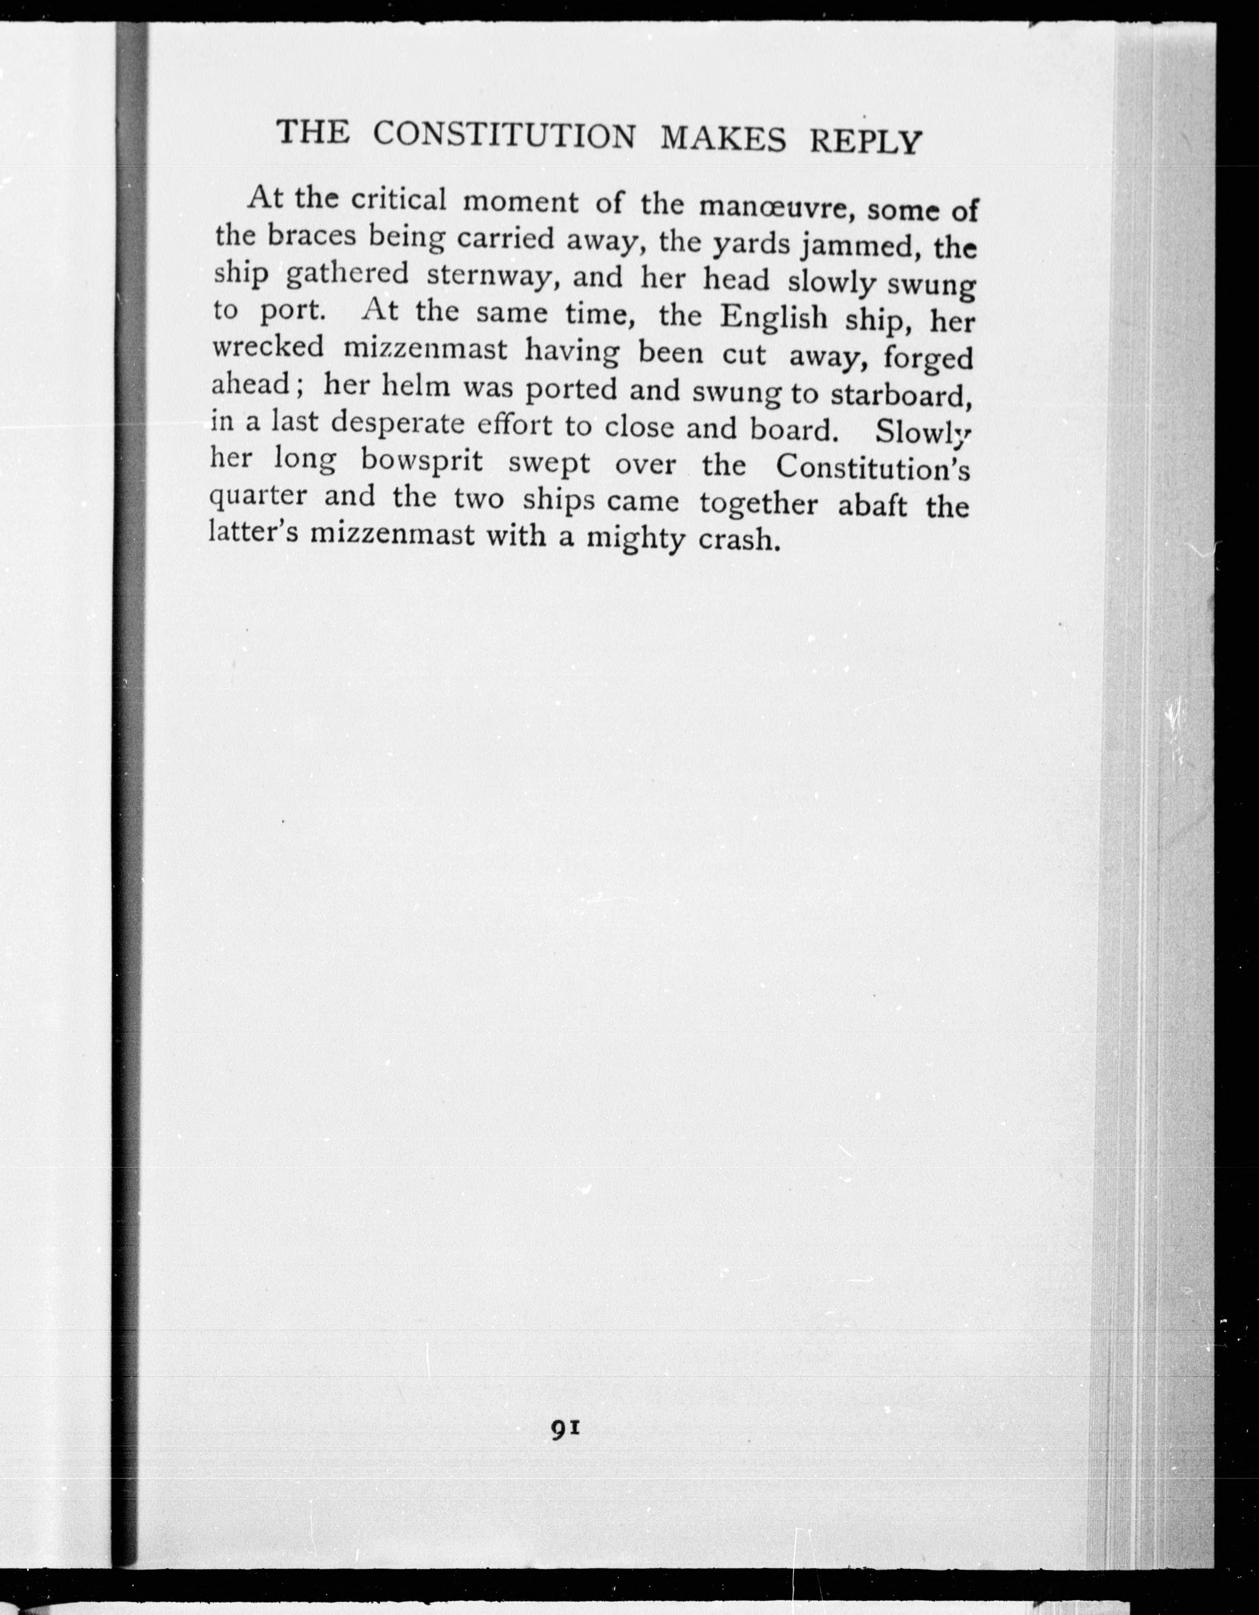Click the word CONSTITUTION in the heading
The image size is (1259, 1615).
[x=503, y=136]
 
